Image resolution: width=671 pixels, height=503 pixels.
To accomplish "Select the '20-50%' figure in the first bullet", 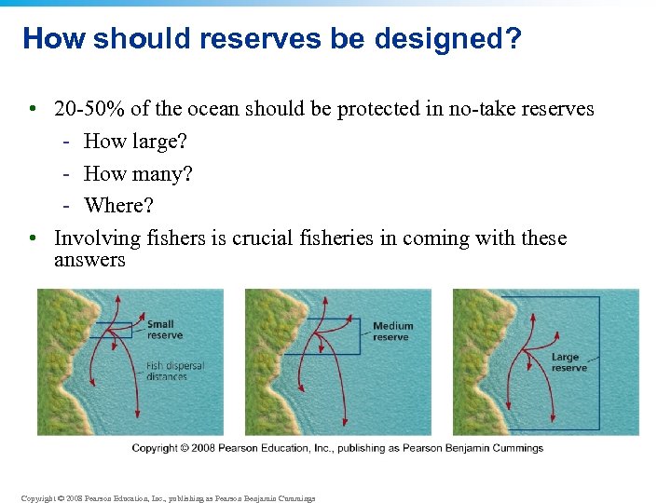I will coord(89,109).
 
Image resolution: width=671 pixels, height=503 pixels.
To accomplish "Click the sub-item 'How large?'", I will coord(135,142).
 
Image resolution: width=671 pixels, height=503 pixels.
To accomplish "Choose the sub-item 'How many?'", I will coord(138,174).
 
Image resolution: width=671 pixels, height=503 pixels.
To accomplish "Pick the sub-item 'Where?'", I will coord(119,205).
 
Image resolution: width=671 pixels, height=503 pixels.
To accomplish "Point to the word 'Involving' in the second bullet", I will coord(94,238).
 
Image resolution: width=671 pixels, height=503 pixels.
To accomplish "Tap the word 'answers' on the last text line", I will coord(89,260).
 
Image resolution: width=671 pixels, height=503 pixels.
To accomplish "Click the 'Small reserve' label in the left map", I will coord(165,330).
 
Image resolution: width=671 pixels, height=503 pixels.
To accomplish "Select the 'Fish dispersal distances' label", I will coord(174,371).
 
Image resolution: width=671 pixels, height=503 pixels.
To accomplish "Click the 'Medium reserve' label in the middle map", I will coord(392,332).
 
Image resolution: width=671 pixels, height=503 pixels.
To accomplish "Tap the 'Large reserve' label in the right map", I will coord(568,362).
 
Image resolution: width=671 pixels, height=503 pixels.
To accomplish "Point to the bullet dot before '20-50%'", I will coord(33,110).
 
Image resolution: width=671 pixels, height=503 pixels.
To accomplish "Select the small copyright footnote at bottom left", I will coord(168,498).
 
